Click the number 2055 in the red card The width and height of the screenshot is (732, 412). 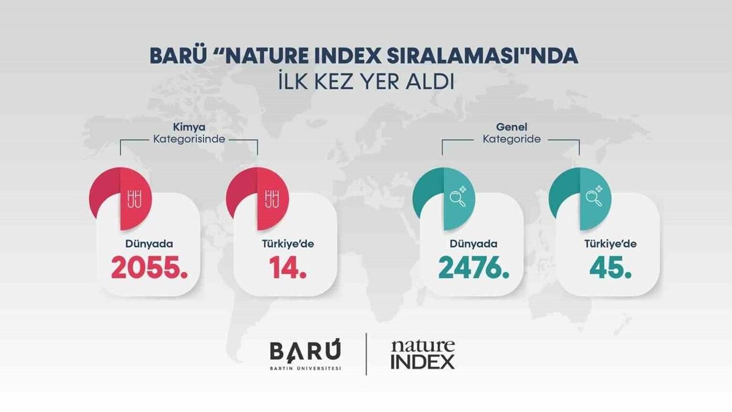(x=149, y=268)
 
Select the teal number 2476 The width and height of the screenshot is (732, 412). (x=473, y=268)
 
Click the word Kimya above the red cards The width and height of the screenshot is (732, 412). (x=189, y=127)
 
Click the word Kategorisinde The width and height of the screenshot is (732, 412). (x=189, y=139)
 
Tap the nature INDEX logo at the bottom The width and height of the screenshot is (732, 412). (x=423, y=354)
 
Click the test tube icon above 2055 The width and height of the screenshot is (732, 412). (x=135, y=199)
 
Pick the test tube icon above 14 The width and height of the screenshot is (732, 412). (x=272, y=199)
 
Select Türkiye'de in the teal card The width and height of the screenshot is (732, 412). (x=610, y=244)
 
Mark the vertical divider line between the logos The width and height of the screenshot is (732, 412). (x=366, y=354)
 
